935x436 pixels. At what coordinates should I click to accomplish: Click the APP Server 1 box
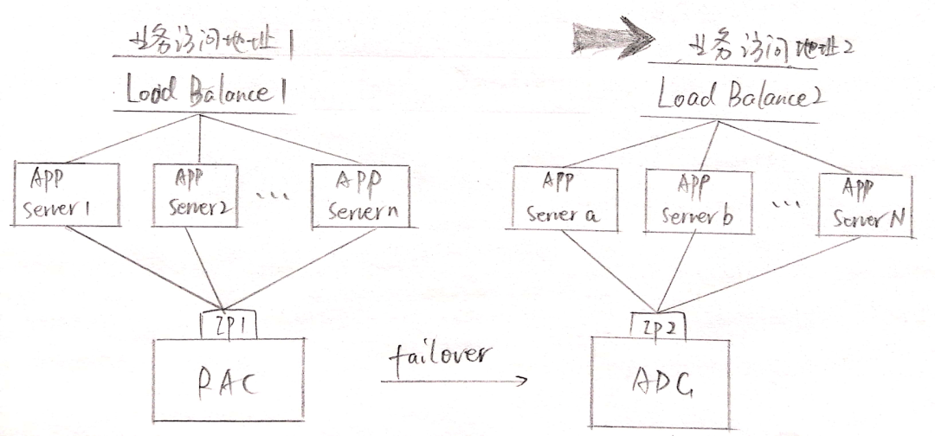click(x=67, y=195)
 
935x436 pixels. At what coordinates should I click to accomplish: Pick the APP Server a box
click(x=564, y=200)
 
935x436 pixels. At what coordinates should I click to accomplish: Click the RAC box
click(x=229, y=380)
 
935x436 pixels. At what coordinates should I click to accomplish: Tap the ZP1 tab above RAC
click(x=228, y=325)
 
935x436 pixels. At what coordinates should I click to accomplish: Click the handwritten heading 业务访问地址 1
click(x=208, y=42)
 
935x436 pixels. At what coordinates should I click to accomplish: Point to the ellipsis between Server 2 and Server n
click(x=272, y=196)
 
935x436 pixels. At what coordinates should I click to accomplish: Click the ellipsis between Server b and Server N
click(x=785, y=205)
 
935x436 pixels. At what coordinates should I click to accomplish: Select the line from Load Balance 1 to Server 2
click(x=200, y=138)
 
